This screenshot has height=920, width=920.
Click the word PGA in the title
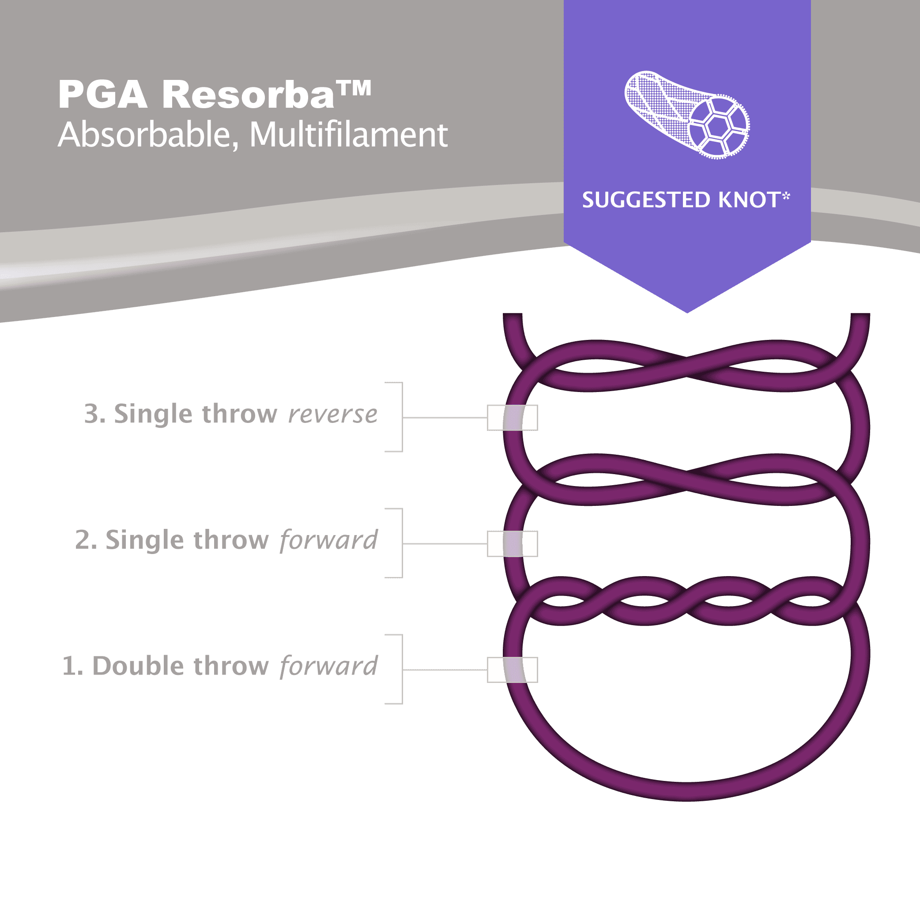(102, 95)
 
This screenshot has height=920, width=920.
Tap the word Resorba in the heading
(248, 95)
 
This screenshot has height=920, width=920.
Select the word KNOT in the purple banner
(748, 200)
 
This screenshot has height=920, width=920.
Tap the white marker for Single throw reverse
(513, 418)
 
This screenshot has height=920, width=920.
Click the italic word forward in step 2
(328, 540)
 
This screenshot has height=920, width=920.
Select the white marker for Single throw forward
(513, 544)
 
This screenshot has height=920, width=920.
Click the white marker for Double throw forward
(513, 670)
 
